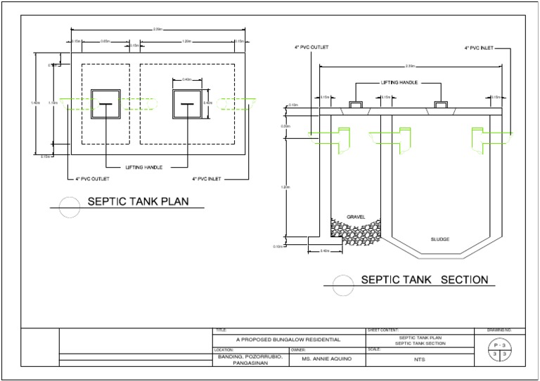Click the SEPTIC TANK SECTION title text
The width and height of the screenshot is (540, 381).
[424, 279]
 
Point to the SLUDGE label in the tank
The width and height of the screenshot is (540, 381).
[439, 239]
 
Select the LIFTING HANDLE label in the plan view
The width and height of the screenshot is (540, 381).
[145, 168]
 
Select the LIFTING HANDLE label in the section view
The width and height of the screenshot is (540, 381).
[399, 82]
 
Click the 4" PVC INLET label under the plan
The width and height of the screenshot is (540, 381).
[207, 180]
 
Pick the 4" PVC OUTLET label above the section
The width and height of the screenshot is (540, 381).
[311, 48]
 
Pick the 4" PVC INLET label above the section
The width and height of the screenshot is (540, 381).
[479, 48]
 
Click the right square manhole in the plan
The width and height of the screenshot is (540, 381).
[188, 104]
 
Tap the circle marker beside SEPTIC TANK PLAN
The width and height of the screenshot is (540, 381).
[68, 206]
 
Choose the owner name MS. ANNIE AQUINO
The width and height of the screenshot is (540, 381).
[325, 359]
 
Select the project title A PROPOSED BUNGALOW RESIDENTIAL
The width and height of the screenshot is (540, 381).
[288, 340]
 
